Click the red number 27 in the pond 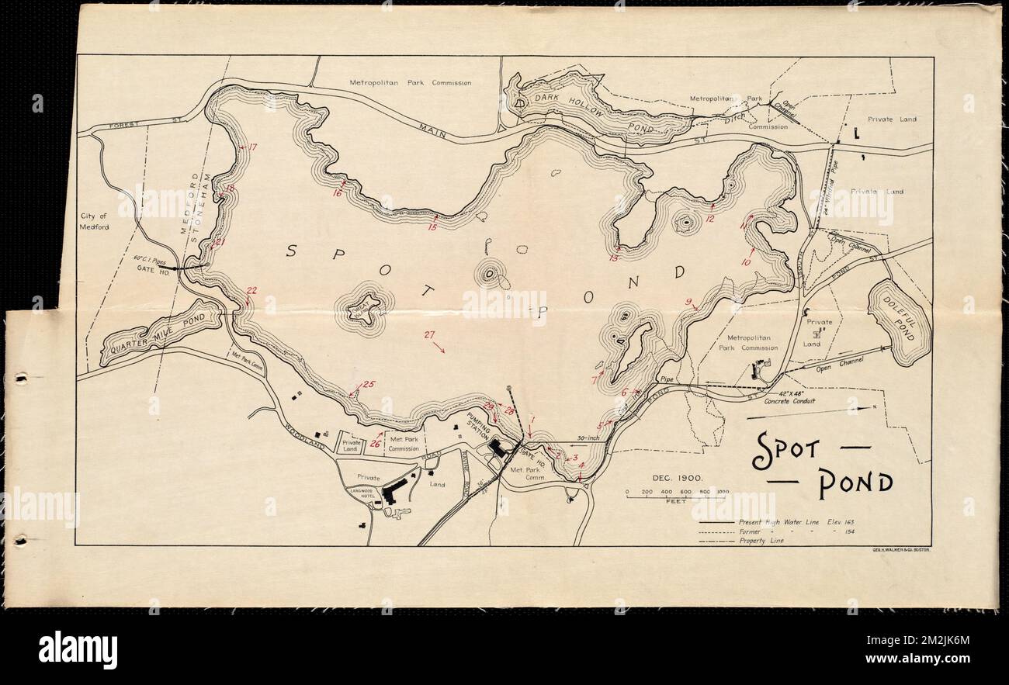pos(429,335)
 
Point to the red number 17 pos(251,147)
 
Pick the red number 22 pos(251,291)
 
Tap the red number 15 pos(432,227)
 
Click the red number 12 pos(709,220)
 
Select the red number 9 pos(688,302)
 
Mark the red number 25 pos(369,384)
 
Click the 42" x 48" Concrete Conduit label pos(789,397)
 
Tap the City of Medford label pos(96,222)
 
